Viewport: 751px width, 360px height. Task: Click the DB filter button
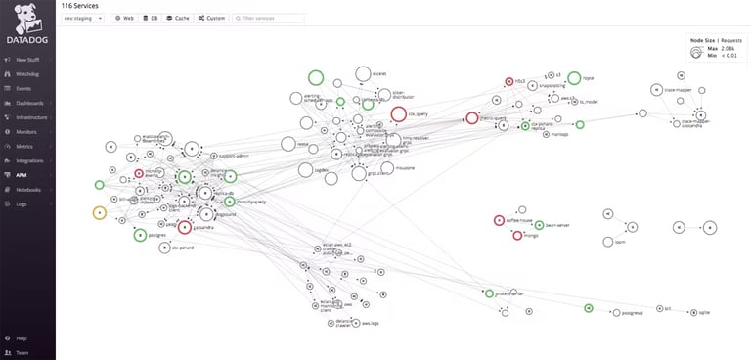click(x=151, y=18)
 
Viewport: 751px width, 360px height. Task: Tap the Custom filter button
click(x=211, y=18)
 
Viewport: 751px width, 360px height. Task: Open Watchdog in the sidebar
click(x=27, y=73)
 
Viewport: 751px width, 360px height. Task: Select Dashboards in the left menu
click(x=29, y=103)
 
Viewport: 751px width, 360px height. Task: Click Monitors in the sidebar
click(x=27, y=131)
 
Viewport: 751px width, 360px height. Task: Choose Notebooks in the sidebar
click(x=28, y=189)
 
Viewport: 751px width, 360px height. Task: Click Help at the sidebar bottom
click(x=21, y=338)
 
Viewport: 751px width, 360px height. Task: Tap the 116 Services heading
click(x=79, y=5)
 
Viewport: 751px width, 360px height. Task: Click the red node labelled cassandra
click(x=184, y=228)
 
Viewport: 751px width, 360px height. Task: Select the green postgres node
click(x=140, y=235)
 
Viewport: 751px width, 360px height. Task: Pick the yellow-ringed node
click(x=99, y=213)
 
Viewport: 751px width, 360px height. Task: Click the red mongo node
click(x=517, y=235)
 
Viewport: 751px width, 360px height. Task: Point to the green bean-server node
click(x=523, y=224)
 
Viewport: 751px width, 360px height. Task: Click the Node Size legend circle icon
click(x=695, y=54)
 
